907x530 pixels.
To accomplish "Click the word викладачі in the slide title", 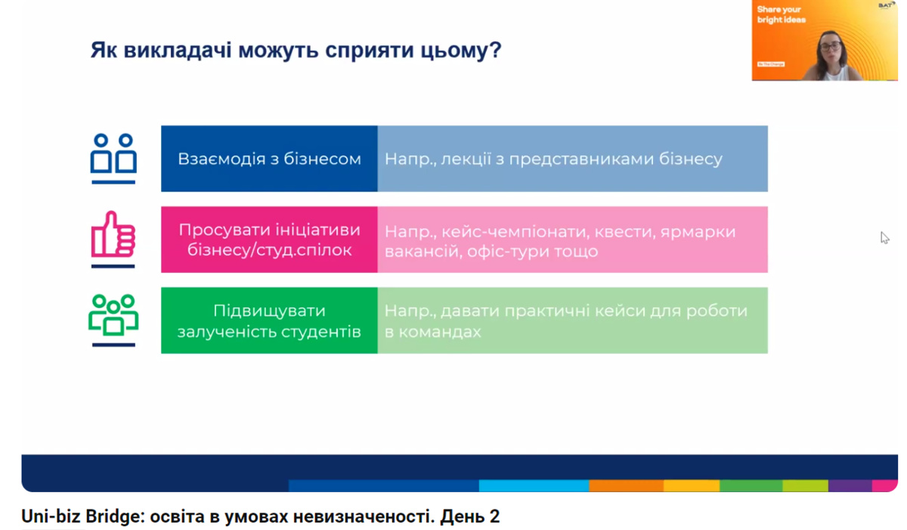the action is click(x=178, y=50).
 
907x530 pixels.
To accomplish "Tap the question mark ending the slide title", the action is click(x=496, y=50).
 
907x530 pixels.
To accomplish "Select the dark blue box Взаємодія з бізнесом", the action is click(x=269, y=159).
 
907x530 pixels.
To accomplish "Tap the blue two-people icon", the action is click(x=113, y=159).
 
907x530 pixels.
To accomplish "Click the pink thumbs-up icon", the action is click(x=113, y=239).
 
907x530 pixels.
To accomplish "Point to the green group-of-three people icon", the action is click(x=113, y=321).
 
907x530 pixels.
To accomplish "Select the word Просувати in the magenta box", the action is click(x=221, y=231).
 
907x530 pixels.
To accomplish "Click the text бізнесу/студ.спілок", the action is click(x=269, y=250).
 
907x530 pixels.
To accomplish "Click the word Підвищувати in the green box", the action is click(x=269, y=311).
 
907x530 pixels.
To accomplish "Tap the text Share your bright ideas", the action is click(x=782, y=14).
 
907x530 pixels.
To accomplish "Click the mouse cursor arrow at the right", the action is click(x=885, y=237).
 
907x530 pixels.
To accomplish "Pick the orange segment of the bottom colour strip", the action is click(x=626, y=485).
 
